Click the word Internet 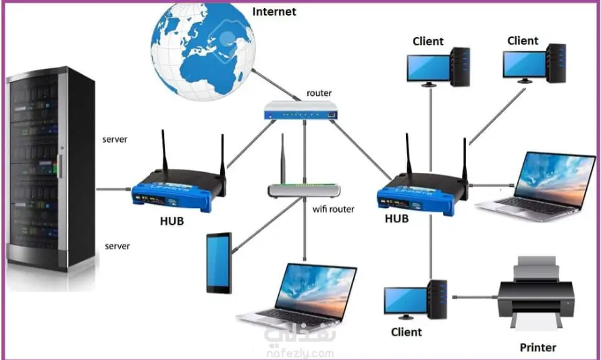(x=273, y=11)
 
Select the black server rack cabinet (x=51, y=172)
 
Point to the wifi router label (x=334, y=209)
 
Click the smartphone (x=219, y=263)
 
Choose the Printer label (x=538, y=348)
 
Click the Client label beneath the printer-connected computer (x=406, y=332)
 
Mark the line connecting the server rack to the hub (x=113, y=188)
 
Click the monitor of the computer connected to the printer (x=405, y=301)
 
